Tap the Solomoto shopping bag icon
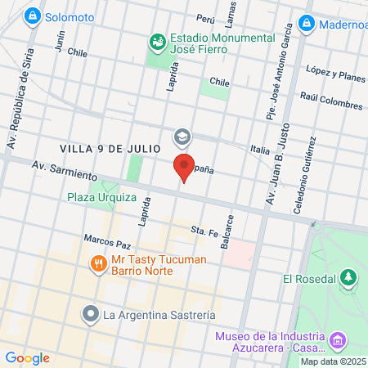tap(33, 16)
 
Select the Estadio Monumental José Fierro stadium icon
tap(156, 38)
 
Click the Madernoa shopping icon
tap(308, 22)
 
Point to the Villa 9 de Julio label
tap(102, 148)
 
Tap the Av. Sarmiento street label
tap(65, 170)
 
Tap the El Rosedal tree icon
tap(349, 279)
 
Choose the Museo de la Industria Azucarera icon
tap(337, 339)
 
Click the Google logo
tap(27, 357)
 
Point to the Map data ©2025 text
tap(332, 361)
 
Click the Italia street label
tap(260, 150)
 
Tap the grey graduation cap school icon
tap(180, 136)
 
